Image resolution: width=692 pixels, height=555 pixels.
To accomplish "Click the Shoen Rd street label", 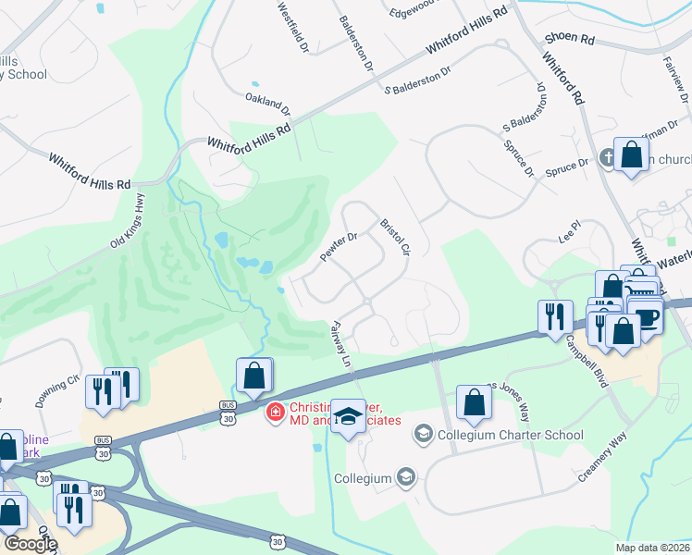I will pyautogui.click(x=570, y=38).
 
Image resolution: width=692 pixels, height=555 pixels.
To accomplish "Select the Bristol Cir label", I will pyautogui.click(x=394, y=238).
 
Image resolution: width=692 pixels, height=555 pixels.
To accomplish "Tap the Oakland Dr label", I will pyautogui.click(x=267, y=102).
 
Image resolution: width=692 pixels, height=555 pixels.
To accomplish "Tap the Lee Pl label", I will pyautogui.click(x=569, y=226).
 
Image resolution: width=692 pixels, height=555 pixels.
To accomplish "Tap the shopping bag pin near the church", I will pyautogui.click(x=632, y=154).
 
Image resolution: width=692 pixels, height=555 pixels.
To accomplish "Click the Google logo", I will pyautogui.click(x=31, y=544).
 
